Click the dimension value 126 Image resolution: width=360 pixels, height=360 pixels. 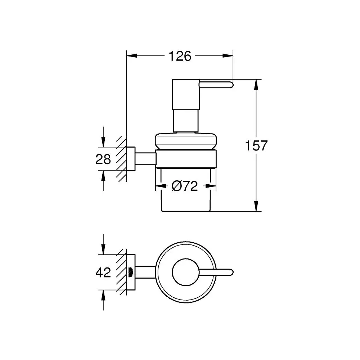180,56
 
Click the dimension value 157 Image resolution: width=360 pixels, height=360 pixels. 256,145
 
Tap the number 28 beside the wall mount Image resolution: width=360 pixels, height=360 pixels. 103,159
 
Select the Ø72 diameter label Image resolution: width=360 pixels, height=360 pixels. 185,186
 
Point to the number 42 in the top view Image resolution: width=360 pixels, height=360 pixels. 103,273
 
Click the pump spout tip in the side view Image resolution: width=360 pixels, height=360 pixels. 231,85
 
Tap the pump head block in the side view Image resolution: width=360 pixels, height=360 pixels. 186,94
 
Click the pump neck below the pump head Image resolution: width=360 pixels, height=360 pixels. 186,121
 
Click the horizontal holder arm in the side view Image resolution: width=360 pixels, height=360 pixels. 145,159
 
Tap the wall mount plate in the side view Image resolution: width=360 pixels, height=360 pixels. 131,159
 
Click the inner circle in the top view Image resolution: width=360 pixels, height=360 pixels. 186,272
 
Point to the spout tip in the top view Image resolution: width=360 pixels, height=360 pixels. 231,272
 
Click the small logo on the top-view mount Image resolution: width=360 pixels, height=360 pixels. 131,272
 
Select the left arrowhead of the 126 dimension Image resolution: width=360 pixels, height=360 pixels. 132,56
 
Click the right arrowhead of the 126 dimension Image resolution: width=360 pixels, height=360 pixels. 228,56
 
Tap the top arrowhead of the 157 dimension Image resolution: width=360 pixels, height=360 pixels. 256,85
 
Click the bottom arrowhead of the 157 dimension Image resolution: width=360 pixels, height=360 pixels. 256,206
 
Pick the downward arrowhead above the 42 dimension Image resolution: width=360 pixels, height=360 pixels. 103,249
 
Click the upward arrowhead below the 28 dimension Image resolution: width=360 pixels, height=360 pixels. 103,176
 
